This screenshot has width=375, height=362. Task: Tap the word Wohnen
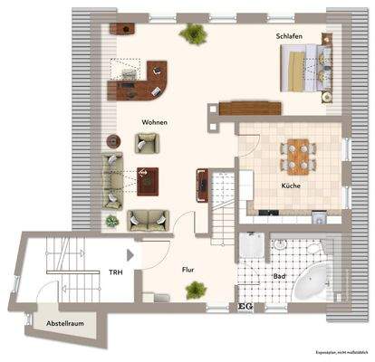point(155,121)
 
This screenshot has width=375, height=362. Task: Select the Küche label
point(291,186)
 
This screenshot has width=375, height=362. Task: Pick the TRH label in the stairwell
point(116,271)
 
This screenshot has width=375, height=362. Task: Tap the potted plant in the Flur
point(194,290)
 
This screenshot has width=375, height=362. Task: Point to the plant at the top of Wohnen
point(194,34)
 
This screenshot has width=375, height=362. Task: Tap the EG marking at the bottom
point(243,308)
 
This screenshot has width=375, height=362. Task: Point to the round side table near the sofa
point(113,140)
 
